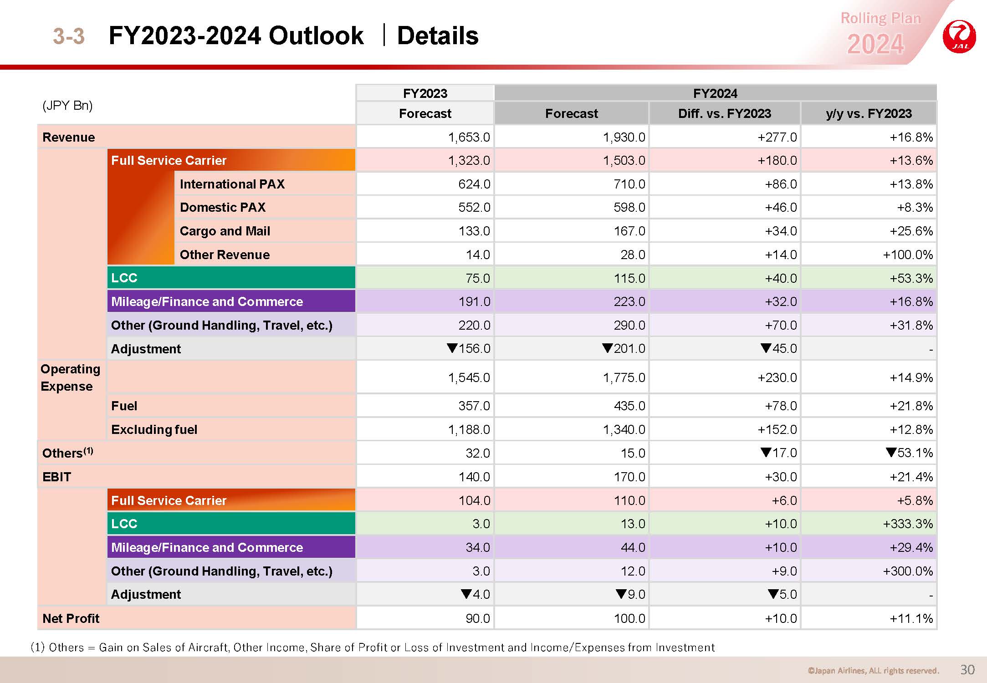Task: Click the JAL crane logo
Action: (959, 36)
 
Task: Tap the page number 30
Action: (967, 669)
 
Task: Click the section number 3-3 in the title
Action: (69, 36)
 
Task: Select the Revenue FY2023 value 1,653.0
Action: (469, 137)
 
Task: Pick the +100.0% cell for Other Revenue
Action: (908, 255)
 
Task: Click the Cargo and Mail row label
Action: (225, 231)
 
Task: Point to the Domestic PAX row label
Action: (223, 207)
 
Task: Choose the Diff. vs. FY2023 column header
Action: (725, 113)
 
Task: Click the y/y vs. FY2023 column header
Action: (869, 113)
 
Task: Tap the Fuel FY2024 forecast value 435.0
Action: (629, 406)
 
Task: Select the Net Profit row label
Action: (71, 618)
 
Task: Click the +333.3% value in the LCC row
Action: (908, 524)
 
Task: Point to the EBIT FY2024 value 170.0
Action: (629, 477)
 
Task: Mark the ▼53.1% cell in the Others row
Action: (909, 453)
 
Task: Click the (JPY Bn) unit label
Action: (67, 106)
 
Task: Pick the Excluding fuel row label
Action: (154, 429)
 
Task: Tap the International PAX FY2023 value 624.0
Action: (474, 184)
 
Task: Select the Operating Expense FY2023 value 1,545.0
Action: (469, 377)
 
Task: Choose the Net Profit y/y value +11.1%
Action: (911, 618)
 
